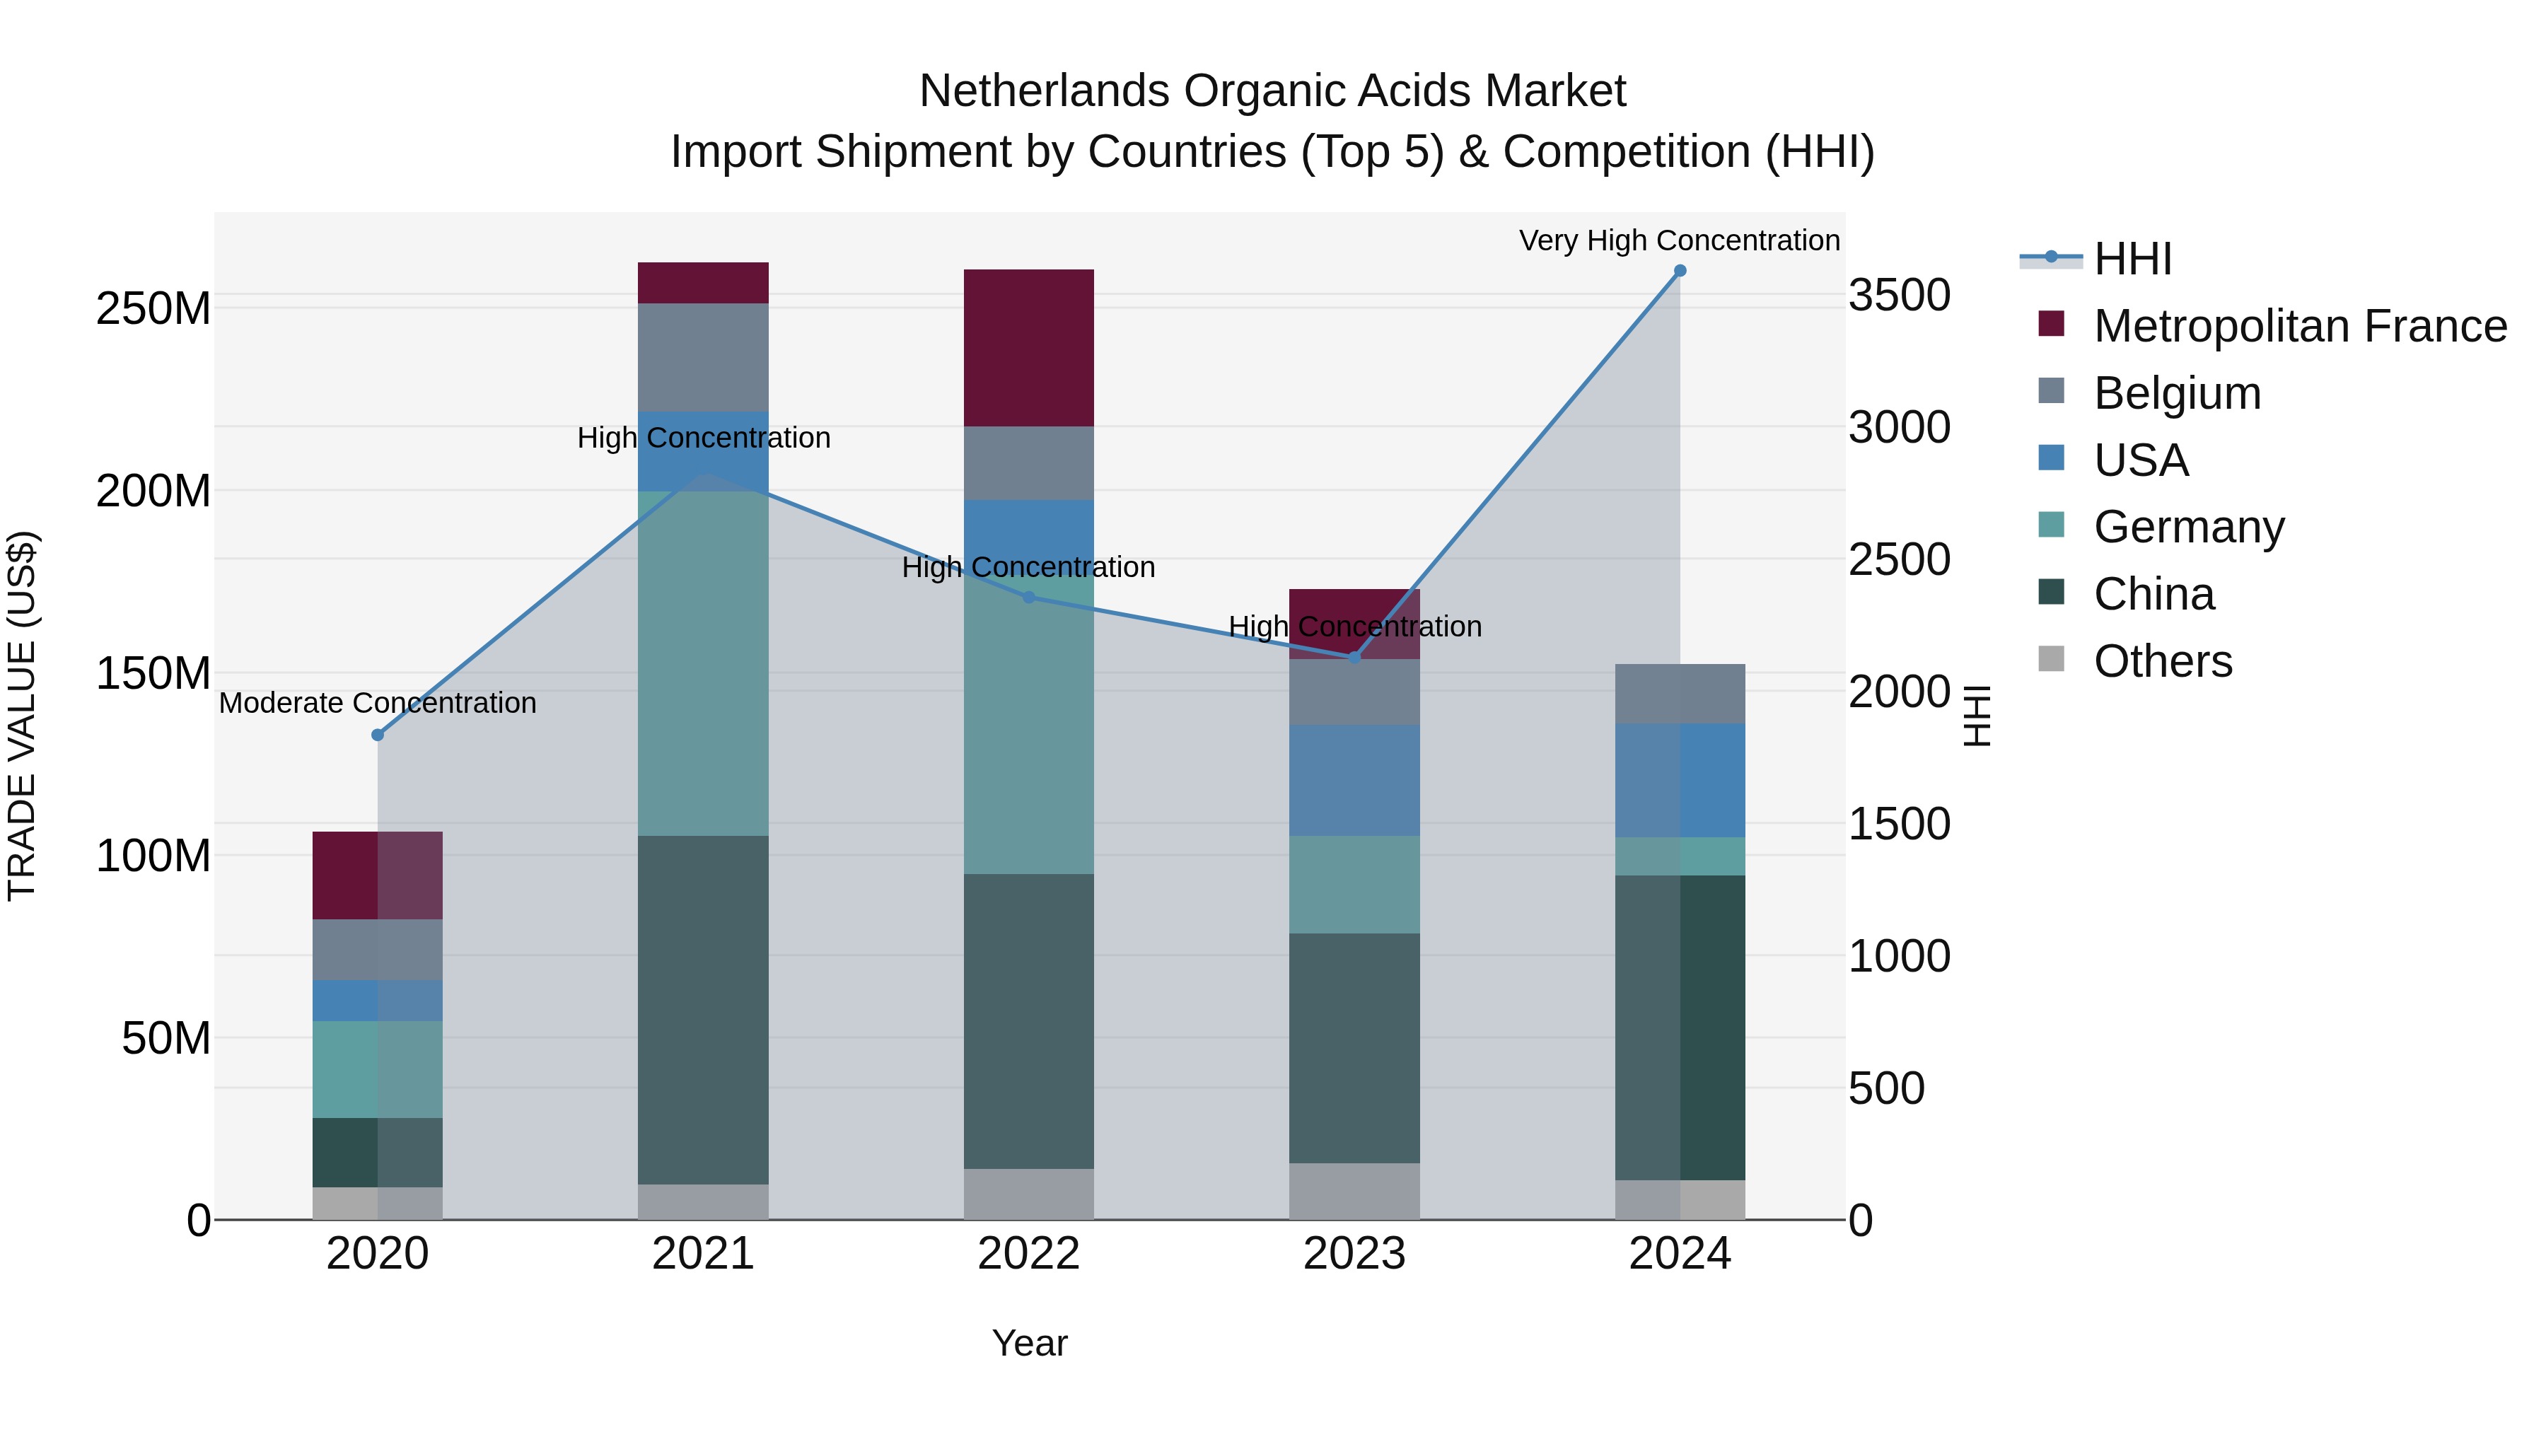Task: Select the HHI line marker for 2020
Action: pos(378,735)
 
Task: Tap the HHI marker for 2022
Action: pos(1029,598)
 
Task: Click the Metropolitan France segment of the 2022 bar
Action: pos(1029,348)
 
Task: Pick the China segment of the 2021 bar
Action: pos(703,1010)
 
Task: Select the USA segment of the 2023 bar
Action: pos(1354,780)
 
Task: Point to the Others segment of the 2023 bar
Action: pos(1354,1191)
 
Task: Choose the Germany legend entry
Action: pos(2188,527)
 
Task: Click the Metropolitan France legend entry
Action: pos(2300,326)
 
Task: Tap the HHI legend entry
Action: pos(2133,259)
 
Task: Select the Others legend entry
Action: pos(2163,661)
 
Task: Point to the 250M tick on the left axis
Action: pos(153,309)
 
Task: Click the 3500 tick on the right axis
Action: pos(1899,296)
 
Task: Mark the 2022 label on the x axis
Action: pos(1029,1254)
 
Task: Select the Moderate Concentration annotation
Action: pos(378,703)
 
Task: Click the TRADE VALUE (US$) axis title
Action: pos(22,716)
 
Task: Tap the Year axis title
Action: pos(1029,1343)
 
